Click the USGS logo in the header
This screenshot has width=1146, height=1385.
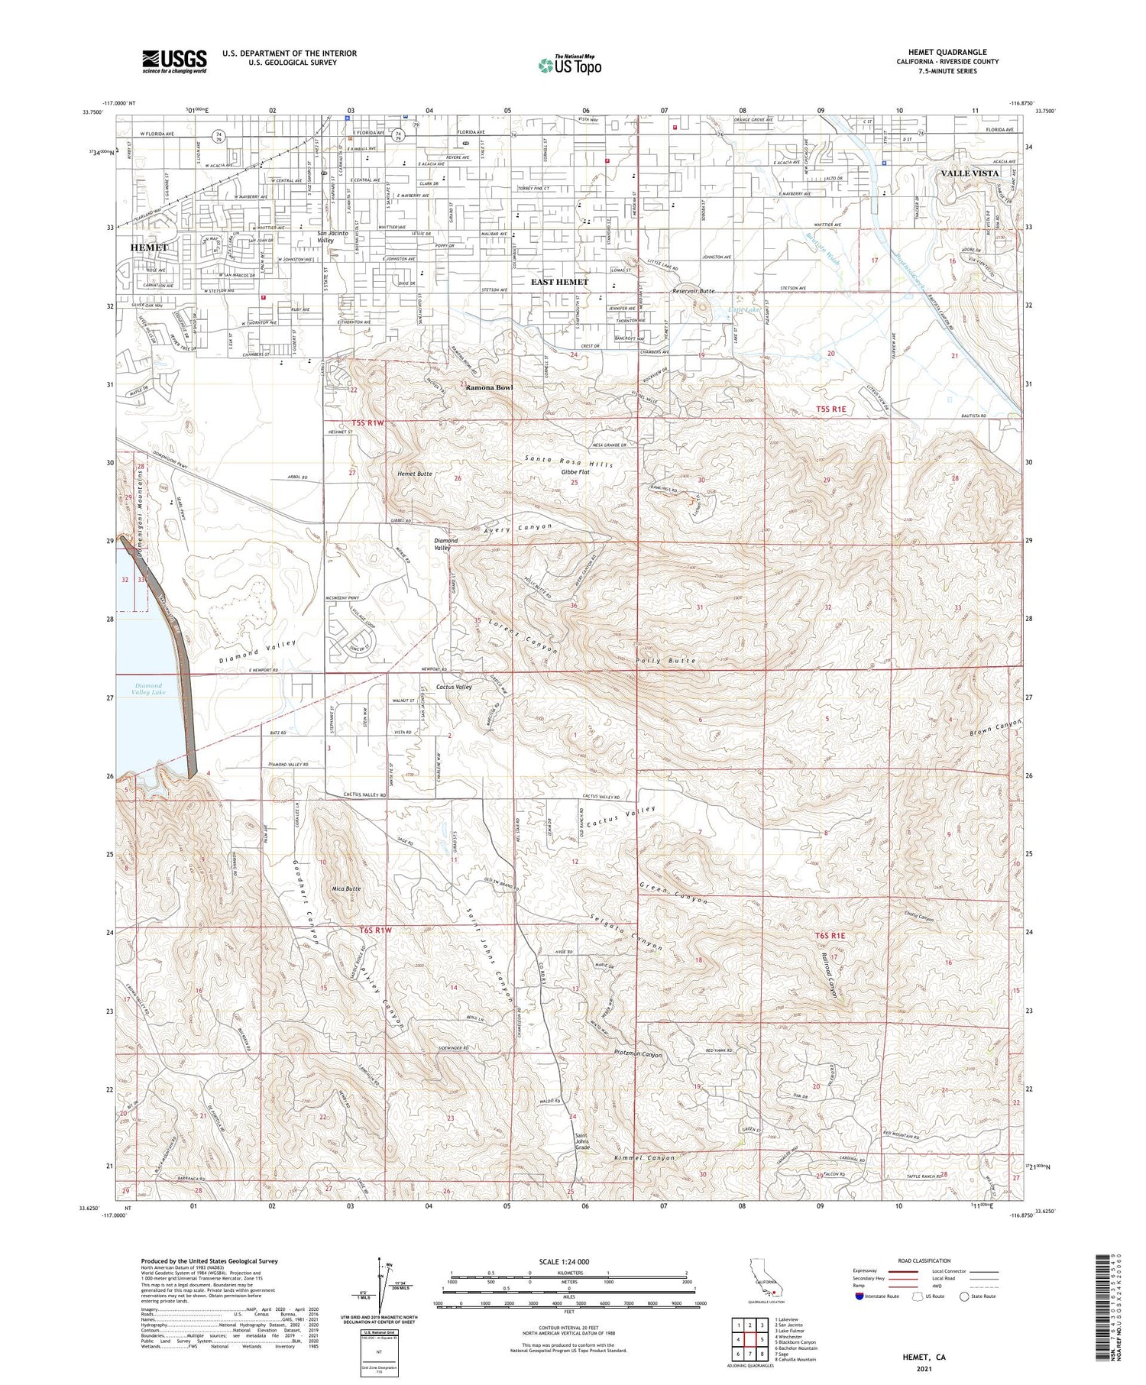click(173, 61)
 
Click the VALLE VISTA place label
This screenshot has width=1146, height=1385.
click(970, 173)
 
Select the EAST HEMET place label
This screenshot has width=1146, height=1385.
click(560, 282)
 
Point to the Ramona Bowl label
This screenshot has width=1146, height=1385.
click(490, 387)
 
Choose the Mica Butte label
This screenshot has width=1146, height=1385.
click(346, 889)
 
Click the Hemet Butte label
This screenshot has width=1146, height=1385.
click(415, 474)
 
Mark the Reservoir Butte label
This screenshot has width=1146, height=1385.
click(693, 291)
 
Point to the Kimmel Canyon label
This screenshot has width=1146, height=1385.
click(645, 1158)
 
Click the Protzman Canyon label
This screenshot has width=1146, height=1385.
click(637, 1055)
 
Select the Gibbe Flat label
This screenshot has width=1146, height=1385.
click(575, 472)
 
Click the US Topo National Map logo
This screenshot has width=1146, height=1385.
click(569, 65)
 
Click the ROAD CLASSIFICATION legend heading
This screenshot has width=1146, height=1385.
click(924, 1260)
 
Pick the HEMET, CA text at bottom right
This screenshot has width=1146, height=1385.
click(924, 1357)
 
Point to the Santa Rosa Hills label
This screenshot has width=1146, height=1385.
click(568, 461)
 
